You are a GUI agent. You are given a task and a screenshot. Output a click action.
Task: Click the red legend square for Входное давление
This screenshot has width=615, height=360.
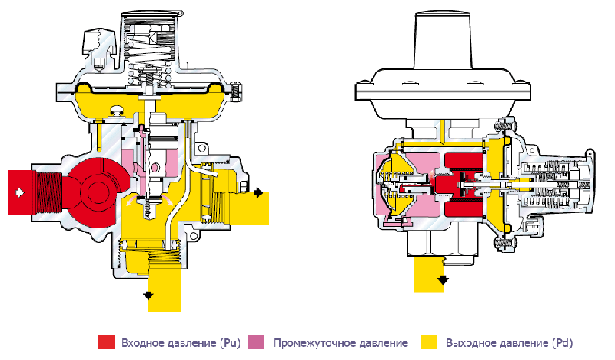[107, 342]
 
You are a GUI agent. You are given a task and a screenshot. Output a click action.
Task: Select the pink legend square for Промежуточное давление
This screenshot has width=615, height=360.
[257, 342]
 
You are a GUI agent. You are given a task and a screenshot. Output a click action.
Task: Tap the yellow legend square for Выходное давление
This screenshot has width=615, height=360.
[429, 342]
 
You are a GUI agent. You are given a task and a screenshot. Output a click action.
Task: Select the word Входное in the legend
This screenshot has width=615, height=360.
[143, 343]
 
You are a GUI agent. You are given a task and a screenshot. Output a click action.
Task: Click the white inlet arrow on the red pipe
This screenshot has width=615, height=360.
[18, 192]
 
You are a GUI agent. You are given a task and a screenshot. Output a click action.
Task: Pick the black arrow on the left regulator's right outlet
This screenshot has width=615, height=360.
[258, 193]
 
